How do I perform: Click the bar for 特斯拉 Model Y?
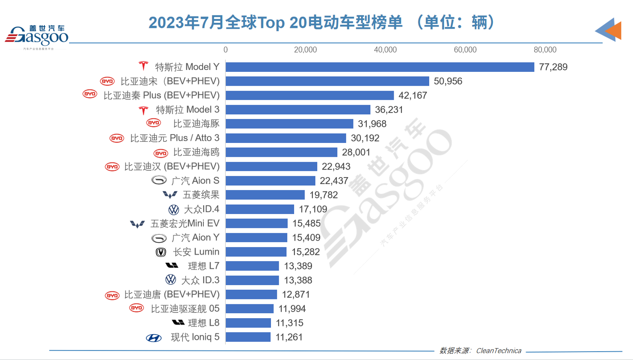click(380, 67)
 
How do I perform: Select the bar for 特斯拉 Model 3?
click(298, 110)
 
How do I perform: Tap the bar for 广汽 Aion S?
click(271, 181)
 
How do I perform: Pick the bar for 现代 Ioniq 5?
click(248, 337)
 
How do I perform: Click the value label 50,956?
click(448, 82)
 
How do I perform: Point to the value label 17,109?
click(313, 209)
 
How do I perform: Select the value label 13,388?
click(298, 280)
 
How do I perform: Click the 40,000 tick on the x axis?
click(385, 50)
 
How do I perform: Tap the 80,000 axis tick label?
click(545, 50)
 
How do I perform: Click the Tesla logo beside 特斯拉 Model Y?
click(144, 66)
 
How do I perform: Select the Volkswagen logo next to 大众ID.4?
click(174, 210)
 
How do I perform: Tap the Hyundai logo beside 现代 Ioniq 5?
click(154, 338)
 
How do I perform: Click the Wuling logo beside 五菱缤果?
click(170, 195)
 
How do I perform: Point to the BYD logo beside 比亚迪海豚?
click(154, 123)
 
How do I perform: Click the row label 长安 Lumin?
click(196, 252)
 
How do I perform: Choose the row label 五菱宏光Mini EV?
click(184, 224)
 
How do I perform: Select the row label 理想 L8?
click(203, 323)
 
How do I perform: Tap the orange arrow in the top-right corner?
click(614, 30)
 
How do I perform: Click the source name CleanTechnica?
click(498, 351)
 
